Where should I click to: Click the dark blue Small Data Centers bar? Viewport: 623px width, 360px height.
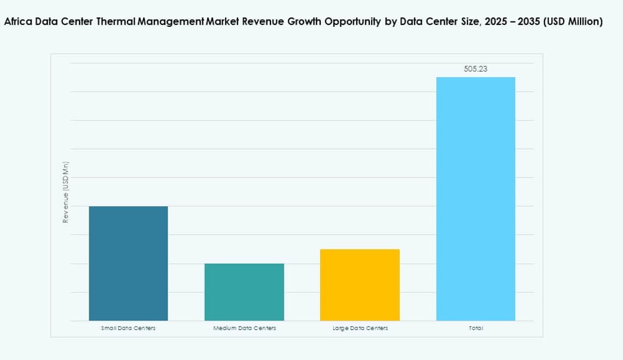(x=128, y=263)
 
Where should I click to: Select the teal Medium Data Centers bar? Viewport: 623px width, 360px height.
(x=244, y=292)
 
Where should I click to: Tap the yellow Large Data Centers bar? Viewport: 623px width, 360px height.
(x=360, y=285)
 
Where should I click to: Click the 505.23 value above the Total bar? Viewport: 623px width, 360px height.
(x=475, y=69)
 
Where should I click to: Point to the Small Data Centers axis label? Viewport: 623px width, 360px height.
(x=128, y=328)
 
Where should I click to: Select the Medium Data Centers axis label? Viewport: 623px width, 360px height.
(x=244, y=328)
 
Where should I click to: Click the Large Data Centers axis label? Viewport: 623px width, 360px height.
(x=360, y=328)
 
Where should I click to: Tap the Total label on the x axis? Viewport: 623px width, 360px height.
(x=476, y=328)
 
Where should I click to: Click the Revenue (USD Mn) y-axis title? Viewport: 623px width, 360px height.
(x=66, y=193)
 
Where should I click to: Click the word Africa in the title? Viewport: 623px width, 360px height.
(x=19, y=22)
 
